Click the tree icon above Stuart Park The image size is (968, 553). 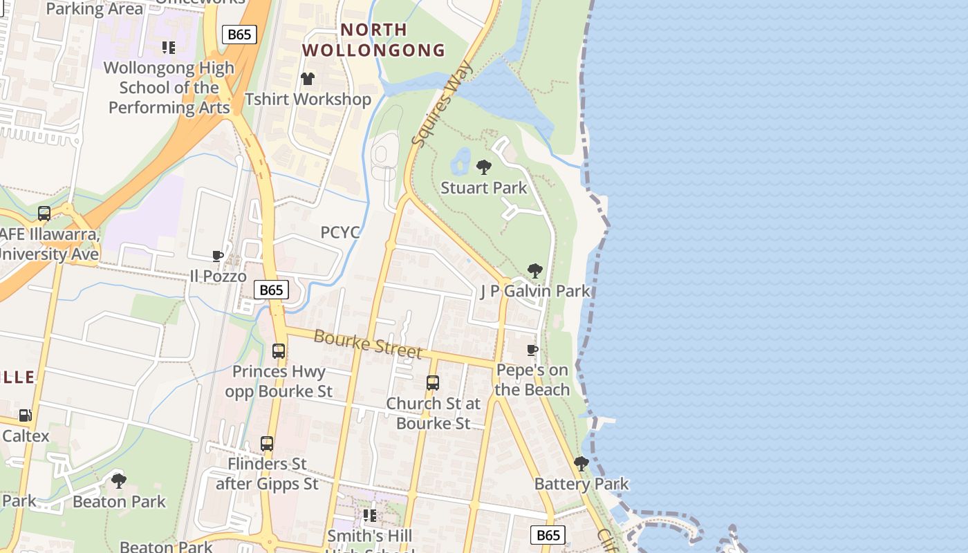click(484, 167)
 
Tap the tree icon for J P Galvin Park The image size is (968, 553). click(534, 270)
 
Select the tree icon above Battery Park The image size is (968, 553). click(581, 463)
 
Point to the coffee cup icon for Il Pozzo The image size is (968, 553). click(218, 256)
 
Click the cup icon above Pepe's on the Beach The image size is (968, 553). click(532, 350)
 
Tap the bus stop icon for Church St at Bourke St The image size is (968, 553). click(433, 382)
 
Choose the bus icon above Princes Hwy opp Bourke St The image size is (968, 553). click(279, 350)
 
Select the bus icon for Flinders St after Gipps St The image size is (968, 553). click(267, 443)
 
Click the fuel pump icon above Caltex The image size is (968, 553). click(25, 415)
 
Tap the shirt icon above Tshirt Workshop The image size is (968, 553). click(308, 79)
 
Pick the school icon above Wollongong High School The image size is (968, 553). click(169, 48)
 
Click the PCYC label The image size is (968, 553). click(340, 232)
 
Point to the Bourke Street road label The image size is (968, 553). click(367, 344)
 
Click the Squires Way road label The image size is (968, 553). click(442, 104)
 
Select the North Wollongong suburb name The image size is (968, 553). click(374, 40)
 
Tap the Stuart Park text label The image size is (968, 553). click(484, 188)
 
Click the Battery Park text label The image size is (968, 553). click(581, 484)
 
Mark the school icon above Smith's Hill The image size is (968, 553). click(370, 516)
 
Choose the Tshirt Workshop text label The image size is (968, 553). click(308, 100)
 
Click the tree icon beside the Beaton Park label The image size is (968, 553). click(119, 480)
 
